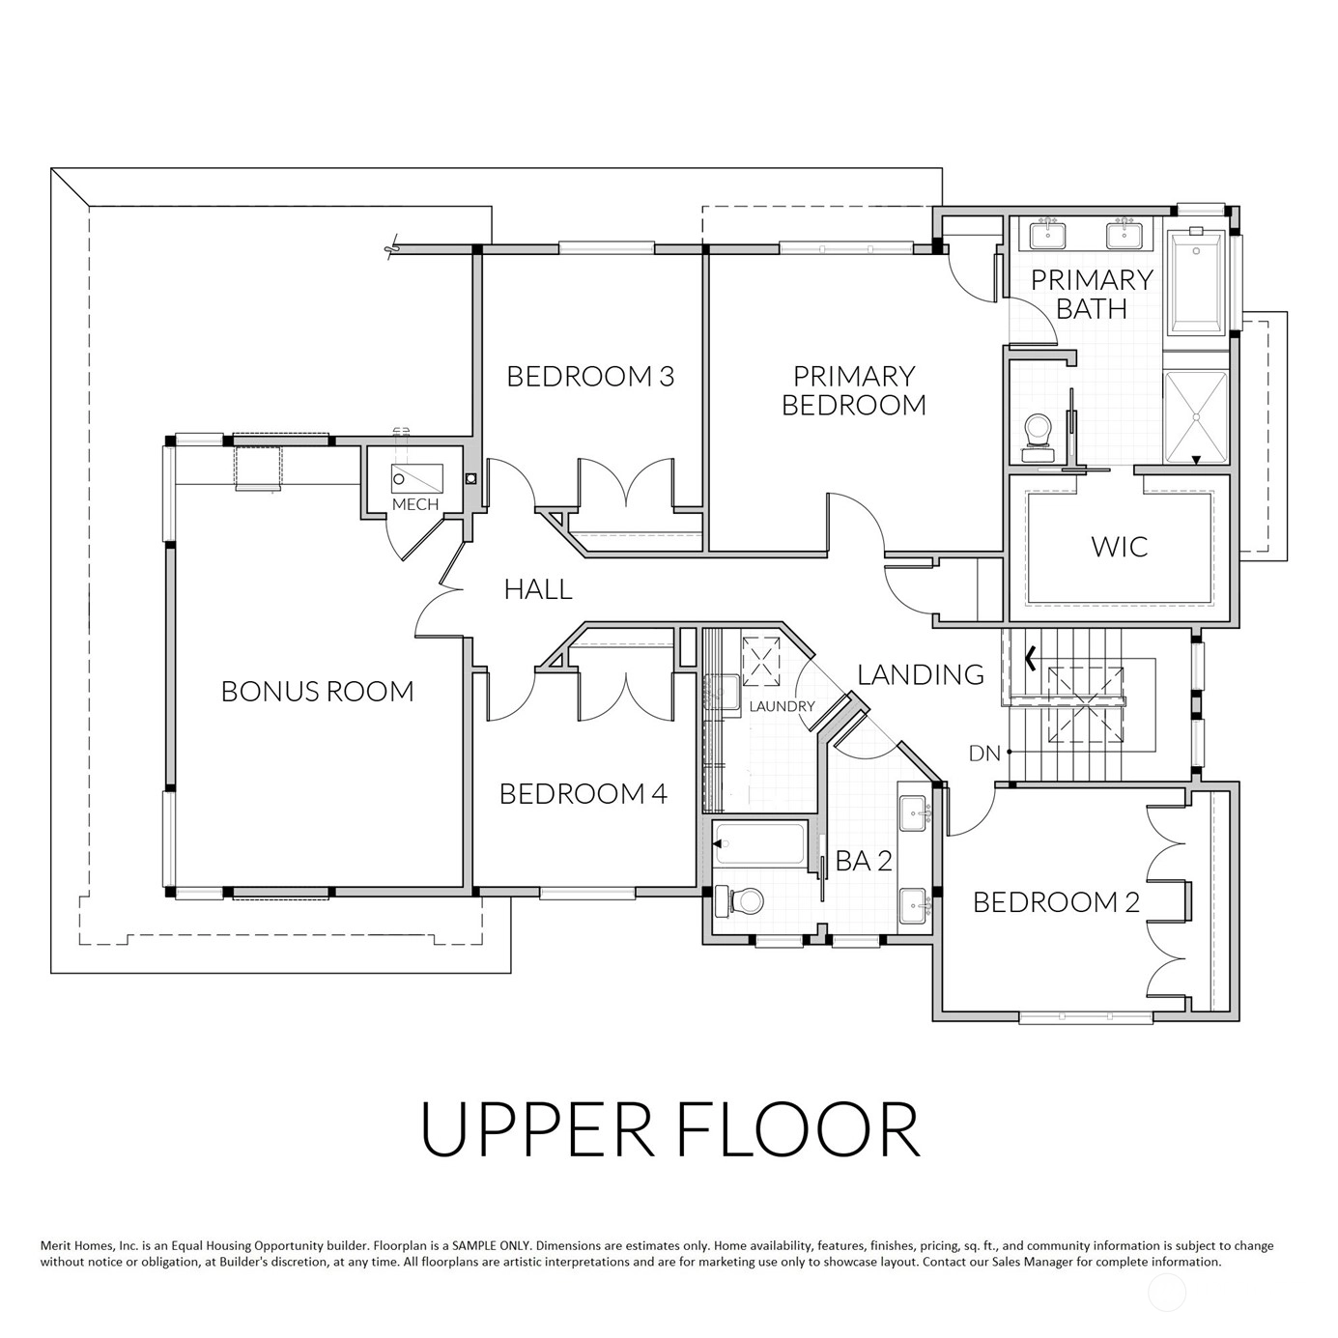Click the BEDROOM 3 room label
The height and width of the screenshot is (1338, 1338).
tap(590, 377)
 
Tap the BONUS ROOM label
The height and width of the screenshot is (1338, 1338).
tap(317, 692)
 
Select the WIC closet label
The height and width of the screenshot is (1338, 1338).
tap(1120, 547)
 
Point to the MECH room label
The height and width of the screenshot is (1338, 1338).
tap(415, 505)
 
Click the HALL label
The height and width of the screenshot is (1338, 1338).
tap(538, 589)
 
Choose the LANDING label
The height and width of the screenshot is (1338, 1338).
tap(921, 674)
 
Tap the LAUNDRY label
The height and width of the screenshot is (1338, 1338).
tap(782, 706)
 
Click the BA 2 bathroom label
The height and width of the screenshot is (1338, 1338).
tap(863, 861)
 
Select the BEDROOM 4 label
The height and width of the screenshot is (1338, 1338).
tap(584, 794)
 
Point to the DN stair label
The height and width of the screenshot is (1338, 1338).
tap(984, 753)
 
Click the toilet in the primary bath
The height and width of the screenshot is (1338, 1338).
tap(1039, 439)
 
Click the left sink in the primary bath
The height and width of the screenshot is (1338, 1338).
tap(1048, 234)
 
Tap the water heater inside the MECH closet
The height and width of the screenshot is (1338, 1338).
tap(416, 478)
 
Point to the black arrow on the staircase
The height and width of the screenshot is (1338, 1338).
tap(1031, 658)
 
